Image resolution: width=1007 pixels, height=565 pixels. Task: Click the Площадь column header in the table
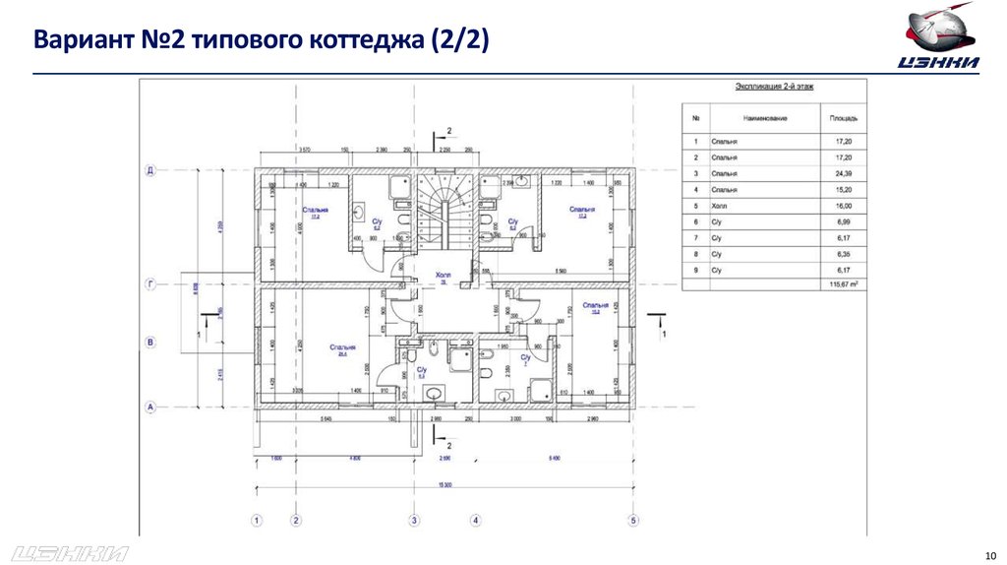(844, 118)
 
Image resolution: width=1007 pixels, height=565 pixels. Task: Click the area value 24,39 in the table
(844, 174)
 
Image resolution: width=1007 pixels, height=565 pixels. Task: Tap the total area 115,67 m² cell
(844, 284)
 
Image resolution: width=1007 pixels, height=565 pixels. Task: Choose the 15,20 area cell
(844, 190)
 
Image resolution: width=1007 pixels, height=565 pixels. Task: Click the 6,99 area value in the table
(844, 221)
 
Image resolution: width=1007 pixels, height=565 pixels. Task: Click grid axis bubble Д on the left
(151, 169)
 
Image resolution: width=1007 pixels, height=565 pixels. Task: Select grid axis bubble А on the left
(151, 405)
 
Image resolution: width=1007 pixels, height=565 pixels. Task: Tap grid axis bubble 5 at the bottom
(634, 520)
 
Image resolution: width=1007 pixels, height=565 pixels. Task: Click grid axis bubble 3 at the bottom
(415, 520)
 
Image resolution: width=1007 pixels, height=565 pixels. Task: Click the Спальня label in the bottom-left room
(342, 346)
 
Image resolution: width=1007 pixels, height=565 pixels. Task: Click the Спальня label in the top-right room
(582, 210)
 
